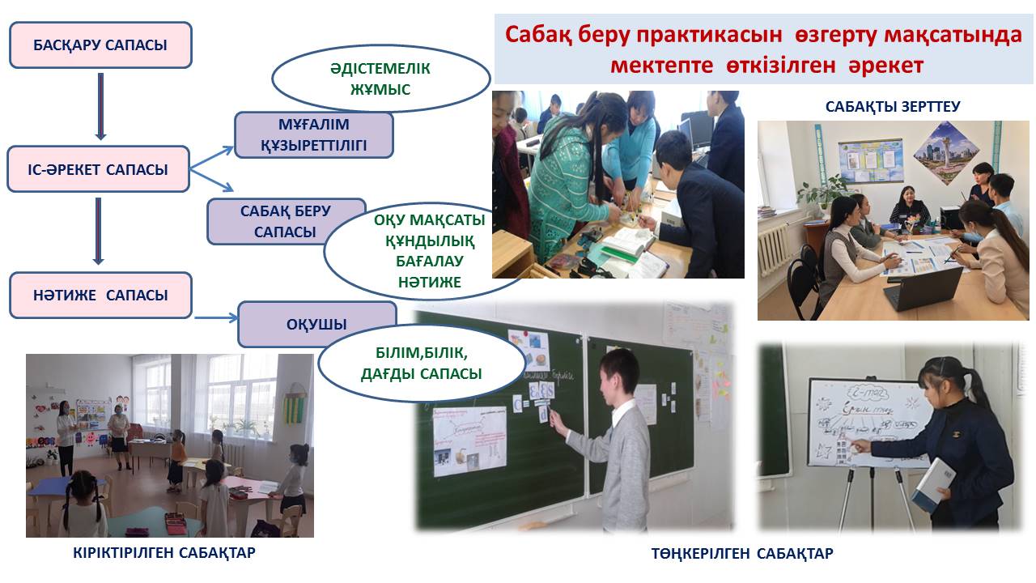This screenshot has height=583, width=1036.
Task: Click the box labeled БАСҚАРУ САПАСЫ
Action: (100, 45)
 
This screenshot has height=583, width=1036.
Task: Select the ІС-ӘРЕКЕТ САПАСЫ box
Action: (98, 169)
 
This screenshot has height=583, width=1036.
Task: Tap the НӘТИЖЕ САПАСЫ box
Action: (100, 296)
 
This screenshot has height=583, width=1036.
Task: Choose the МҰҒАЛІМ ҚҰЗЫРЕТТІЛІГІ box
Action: (313, 134)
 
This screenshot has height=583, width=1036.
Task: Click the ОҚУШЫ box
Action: (316, 324)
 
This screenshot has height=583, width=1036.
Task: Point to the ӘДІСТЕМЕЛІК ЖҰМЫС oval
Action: (380, 79)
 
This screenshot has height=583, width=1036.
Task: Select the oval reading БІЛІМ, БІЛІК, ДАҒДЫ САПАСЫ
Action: (422, 364)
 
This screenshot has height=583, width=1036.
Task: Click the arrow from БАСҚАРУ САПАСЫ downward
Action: (100, 106)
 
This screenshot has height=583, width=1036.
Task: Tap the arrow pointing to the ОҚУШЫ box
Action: (216, 317)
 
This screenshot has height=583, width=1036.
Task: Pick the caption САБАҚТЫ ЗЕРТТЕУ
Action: (893, 107)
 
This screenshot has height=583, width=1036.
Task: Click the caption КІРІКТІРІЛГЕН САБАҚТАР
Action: (164, 552)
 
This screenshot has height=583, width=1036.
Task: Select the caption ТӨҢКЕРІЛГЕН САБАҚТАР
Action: (742, 553)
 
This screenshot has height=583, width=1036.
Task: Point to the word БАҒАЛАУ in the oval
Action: (430, 261)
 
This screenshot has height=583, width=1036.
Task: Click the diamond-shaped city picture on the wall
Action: (947, 153)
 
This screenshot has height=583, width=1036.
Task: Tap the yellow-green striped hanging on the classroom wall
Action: (295, 406)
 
